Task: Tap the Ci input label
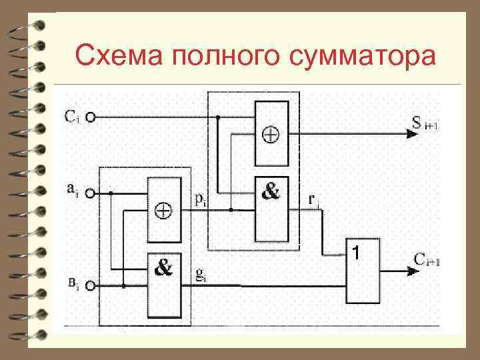pyautogui.click(x=73, y=117)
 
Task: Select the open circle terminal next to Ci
pyautogui.click(x=89, y=117)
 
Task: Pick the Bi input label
pyautogui.click(x=73, y=285)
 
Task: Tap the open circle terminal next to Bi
pyautogui.click(x=89, y=287)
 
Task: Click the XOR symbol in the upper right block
pyautogui.click(x=272, y=134)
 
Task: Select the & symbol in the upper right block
pyautogui.click(x=270, y=193)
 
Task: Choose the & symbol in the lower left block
pyautogui.click(x=163, y=269)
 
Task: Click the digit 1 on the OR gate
pyautogui.click(x=357, y=253)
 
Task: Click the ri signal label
pyautogui.click(x=313, y=198)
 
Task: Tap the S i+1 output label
pyautogui.click(x=425, y=123)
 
